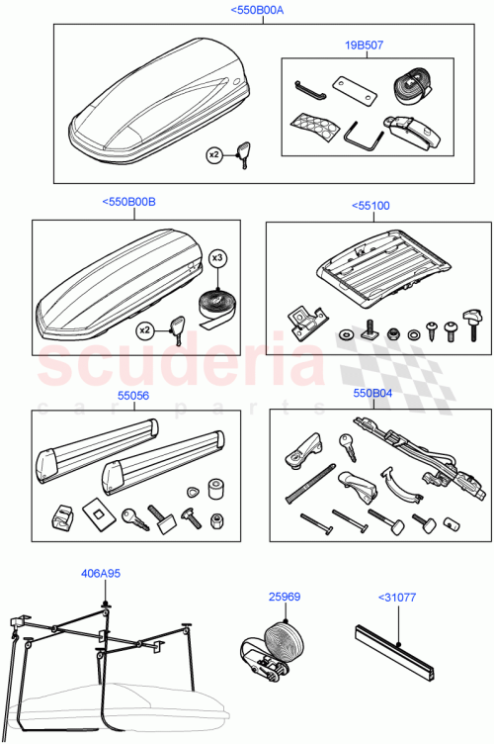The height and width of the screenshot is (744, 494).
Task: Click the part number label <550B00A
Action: (256, 10)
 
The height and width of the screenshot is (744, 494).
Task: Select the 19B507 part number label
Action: (365, 45)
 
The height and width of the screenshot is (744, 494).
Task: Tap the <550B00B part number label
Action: (128, 202)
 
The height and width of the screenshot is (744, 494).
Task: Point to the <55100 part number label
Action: (370, 206)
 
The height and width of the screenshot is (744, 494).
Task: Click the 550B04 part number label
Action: (371, 393)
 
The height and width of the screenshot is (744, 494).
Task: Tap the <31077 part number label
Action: (398, 597)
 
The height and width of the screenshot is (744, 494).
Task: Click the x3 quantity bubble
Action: (218, 258)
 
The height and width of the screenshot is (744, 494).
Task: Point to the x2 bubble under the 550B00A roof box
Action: (214, 154)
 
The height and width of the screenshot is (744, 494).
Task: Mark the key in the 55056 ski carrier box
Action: (130, 515)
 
